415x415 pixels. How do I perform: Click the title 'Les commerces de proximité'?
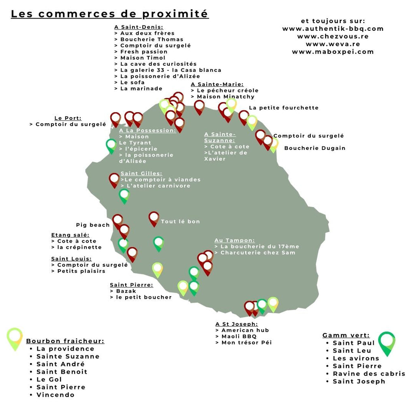109,14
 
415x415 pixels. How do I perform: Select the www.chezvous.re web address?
333,36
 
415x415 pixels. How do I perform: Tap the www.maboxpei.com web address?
333,52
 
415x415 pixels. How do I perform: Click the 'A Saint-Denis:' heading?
139,27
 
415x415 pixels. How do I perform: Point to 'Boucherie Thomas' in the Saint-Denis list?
152,39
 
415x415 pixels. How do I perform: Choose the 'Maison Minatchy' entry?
225,97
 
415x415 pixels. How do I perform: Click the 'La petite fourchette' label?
284,108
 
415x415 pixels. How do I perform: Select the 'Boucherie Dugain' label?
314,148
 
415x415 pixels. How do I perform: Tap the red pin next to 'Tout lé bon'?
154,218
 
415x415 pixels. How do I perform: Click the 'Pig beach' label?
93,225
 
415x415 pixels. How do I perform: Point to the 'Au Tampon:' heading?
235,240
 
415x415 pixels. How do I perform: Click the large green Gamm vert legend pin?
387,343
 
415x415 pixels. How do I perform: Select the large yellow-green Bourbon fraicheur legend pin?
15,339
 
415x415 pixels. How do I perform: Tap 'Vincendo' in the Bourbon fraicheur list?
55,395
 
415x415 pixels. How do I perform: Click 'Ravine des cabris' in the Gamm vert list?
369,374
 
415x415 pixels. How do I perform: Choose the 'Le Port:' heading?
68,118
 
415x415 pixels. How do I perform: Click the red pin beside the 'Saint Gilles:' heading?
114,180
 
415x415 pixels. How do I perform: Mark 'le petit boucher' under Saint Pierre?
144,297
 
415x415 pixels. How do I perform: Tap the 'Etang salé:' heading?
71,235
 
